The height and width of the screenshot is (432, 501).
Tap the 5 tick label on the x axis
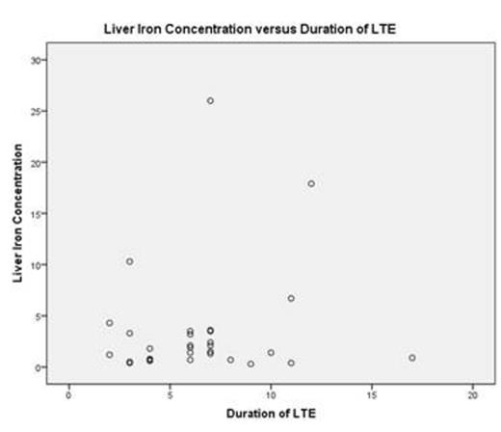point(170,394)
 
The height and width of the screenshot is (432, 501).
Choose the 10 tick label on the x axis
point(271,394)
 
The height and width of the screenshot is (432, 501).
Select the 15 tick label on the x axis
point(372,394)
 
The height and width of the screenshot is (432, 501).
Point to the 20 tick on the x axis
point(472,394)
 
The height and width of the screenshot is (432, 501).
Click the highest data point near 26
point(210,100)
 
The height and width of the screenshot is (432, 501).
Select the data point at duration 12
point(311,183)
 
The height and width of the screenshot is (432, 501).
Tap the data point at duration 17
point(412,358)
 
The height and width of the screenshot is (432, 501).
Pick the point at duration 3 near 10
point(129,261)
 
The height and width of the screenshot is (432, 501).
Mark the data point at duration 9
point(250,364)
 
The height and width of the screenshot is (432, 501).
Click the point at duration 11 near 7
point(291,298)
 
